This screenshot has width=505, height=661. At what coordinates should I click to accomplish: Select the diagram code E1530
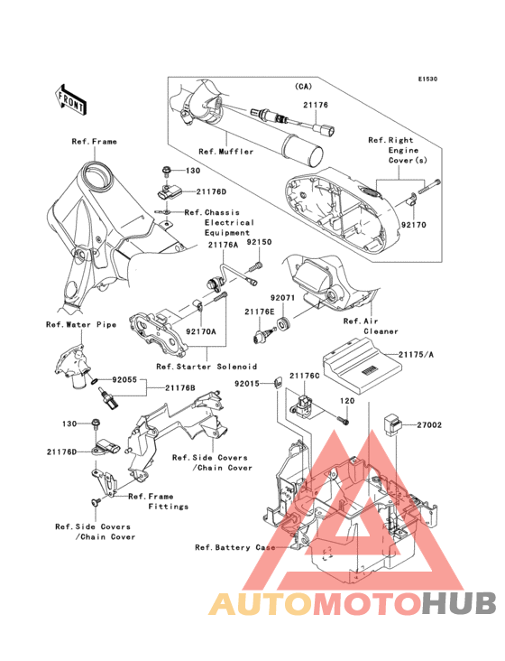click(427, 79)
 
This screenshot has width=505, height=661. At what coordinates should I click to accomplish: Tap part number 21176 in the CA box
click(316, 105)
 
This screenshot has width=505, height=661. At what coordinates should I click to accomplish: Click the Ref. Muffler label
click(226, 152)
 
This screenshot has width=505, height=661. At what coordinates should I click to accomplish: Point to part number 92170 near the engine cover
click(413, 225)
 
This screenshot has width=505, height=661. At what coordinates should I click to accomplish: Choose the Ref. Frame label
click(94, 141)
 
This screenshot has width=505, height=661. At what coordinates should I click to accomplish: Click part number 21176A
click(223, 245)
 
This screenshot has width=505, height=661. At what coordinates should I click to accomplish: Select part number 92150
click(259, 242)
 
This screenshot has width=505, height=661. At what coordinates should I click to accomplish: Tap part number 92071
click(283, 298)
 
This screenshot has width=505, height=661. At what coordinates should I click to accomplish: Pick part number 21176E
click(260, 312)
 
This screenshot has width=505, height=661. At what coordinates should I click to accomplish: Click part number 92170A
click(201, 331)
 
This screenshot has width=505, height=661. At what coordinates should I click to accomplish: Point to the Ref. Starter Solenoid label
click(207, 367)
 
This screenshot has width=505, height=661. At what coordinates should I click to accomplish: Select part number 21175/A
click(417, 355)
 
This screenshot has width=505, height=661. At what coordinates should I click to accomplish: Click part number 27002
click(429, 425)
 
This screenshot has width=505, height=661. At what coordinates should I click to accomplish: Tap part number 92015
click(247, 384)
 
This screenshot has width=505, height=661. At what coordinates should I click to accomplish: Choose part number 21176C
click(304, 375)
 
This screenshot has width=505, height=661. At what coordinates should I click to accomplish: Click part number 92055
click(124, 379)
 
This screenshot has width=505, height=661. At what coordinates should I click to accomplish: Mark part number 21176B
click(180, 387)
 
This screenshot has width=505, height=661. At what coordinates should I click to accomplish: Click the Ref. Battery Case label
click(235, 547)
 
